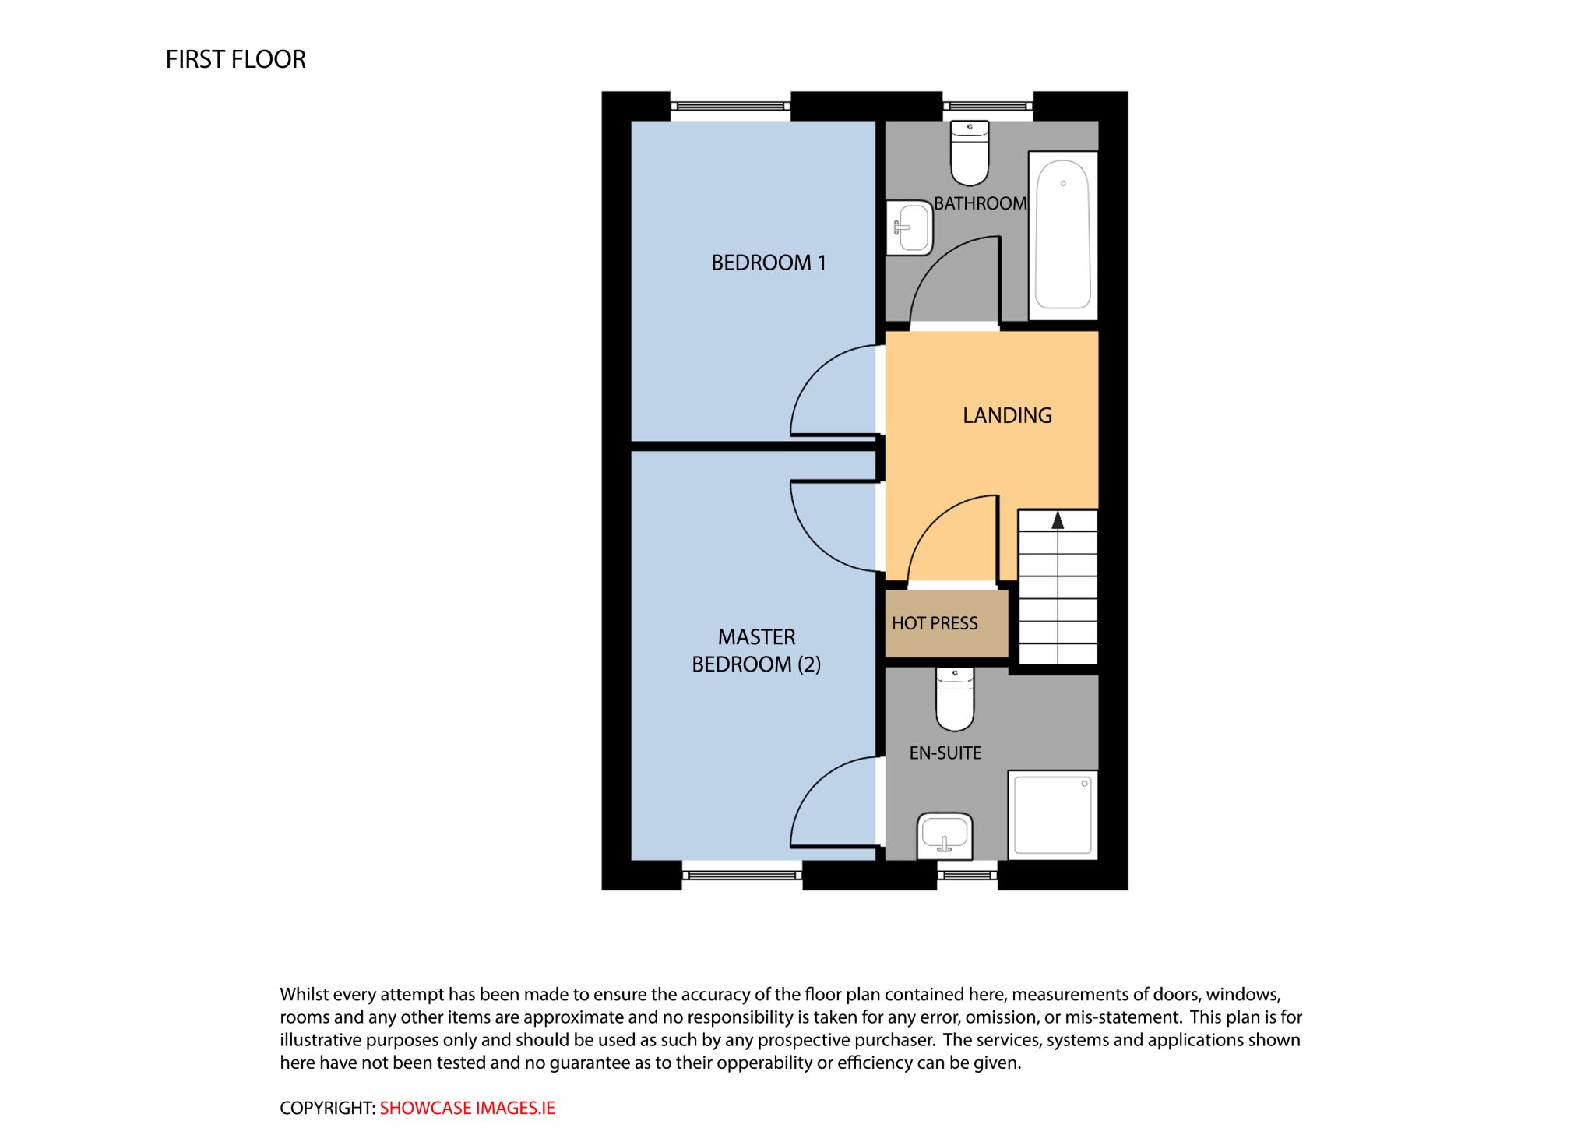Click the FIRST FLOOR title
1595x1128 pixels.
235,59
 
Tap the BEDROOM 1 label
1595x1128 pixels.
768,263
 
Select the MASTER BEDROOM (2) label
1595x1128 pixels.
756,650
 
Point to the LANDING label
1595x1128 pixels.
1007,415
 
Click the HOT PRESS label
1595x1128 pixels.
935,623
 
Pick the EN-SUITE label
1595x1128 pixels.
945,753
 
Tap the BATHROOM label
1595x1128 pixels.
981,203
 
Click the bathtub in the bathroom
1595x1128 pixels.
1063,235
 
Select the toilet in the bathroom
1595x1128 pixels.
970,153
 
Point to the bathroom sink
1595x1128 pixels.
910,227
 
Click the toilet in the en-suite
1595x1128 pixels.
955,699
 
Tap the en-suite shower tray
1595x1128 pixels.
1053,816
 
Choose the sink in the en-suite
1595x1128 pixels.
945,836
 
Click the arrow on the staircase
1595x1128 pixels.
1058,520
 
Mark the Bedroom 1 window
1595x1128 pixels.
731,106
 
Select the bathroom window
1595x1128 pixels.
988,106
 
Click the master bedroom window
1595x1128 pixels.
742,876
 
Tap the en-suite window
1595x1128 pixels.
967,876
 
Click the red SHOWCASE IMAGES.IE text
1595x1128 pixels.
467,1108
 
